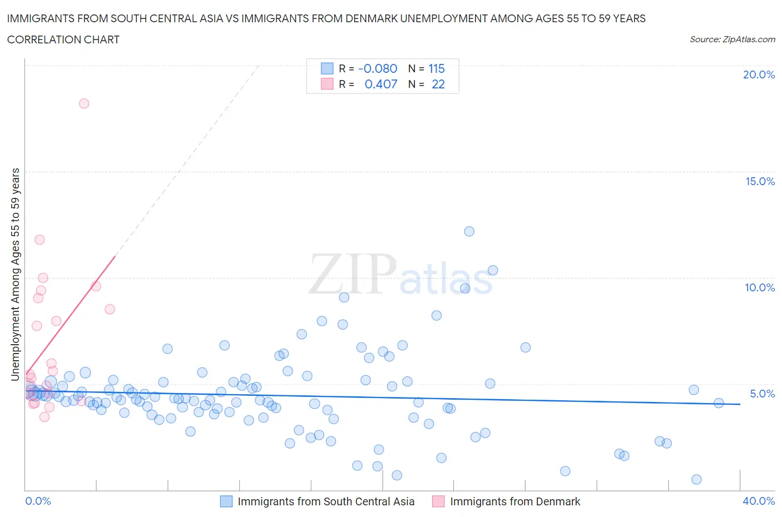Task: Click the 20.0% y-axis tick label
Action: [x=759, y=74]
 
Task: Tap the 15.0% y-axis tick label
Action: [x=760, y=181]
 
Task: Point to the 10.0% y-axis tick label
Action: [x=760, y=287]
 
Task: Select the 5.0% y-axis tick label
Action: [x=762, y=394]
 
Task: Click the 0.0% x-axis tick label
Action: [x=38, y=501]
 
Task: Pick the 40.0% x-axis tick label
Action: [x=759, y=501]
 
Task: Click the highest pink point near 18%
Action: [x=84, y=103]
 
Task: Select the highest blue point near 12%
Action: [x=469, y=231]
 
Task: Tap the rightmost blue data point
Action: [x=719, y=403]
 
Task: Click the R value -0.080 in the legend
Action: [x=378, y=68]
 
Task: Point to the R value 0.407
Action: [x=381, y=84]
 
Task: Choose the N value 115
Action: [x=437, y=68]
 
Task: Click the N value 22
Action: [x=438, y=84]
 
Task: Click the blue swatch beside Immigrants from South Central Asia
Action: [x=226, y=501]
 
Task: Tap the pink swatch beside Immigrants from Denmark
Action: [x=438, y=501]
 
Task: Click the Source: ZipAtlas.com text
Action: [x=732, y=39]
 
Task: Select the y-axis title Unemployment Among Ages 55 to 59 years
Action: [x=16, y=274]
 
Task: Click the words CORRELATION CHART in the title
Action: [x=63, y=39]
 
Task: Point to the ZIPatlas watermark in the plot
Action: [x=400, y=275]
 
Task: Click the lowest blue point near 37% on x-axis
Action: [x=696, y=479]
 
